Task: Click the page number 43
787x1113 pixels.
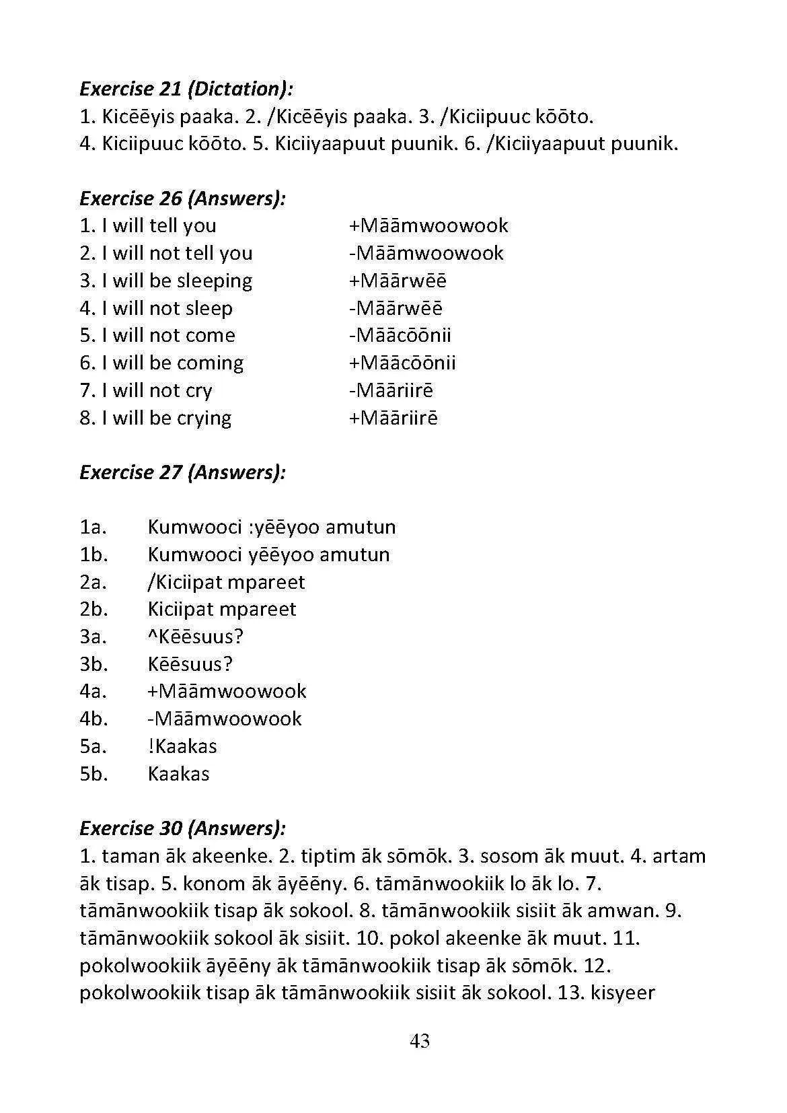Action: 420,1041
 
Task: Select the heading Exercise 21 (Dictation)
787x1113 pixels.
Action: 186,89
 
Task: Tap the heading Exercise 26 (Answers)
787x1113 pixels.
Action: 182,199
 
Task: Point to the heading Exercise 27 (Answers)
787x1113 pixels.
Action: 182,472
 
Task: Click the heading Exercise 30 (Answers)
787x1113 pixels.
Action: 182,828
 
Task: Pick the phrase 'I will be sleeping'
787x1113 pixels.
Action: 176,281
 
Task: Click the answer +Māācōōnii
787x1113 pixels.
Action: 402,363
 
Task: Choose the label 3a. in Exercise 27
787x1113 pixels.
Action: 93,637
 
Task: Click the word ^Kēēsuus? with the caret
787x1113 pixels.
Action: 195,637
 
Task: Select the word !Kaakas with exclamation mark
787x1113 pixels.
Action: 182,746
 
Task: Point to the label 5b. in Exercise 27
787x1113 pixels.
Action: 93,774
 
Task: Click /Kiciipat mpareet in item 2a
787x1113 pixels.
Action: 226,582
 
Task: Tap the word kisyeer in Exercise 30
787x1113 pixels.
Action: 622,993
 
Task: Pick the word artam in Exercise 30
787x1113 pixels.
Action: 679,856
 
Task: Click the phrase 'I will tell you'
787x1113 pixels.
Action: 159,225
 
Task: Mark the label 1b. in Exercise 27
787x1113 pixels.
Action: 93,554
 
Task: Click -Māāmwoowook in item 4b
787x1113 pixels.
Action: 225,719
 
